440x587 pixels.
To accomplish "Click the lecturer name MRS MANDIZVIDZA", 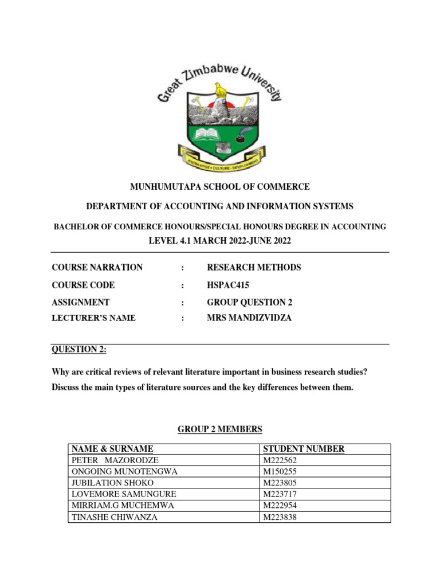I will coord(249,318).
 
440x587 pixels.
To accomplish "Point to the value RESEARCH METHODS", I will coord(253,268).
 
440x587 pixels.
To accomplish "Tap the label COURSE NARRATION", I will coord(97,268).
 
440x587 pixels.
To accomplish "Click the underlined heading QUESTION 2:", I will coord(75,349).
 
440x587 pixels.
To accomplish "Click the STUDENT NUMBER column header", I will coord(303,449).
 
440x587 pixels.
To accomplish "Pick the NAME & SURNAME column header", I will coord(112,449).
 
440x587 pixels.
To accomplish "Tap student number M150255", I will coord(280,471).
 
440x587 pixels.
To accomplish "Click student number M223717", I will coord(280,494).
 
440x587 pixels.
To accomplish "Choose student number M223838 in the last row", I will coord(280,516).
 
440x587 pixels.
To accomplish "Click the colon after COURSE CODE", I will coord(182,285).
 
